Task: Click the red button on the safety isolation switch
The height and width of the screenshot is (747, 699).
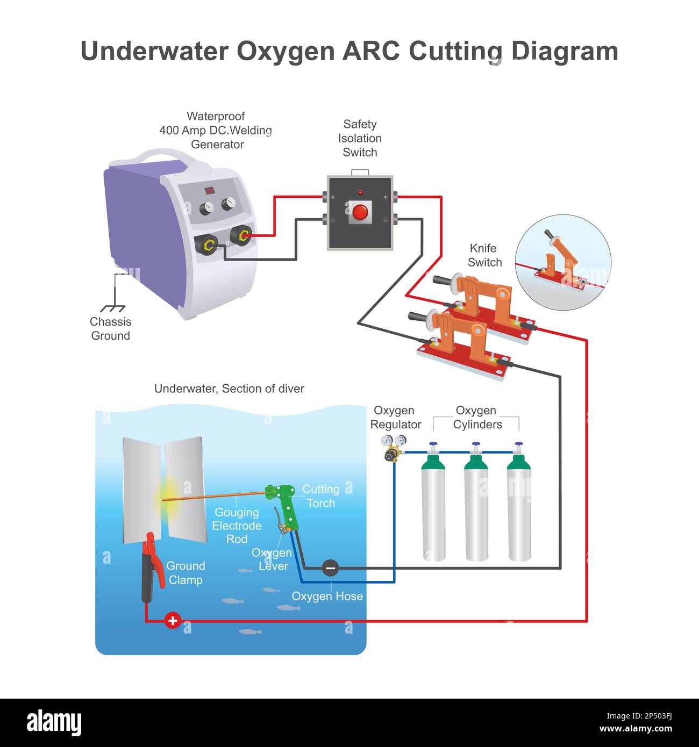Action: (360, 212)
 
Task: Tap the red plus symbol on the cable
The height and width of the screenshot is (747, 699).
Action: (173, 620)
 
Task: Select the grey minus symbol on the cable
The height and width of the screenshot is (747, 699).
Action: (330, 568)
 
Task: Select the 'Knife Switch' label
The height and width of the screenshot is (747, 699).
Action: (484, 255)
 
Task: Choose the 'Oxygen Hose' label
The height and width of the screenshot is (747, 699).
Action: (327, 596)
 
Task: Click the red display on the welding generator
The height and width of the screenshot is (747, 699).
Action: (209, 191)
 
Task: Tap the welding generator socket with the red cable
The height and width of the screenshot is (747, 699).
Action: (241, 235)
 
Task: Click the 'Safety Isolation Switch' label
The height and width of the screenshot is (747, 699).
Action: (360, 138)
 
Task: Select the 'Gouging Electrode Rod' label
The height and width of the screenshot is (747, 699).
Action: (237, 526)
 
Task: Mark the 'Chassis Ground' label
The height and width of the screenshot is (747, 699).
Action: (110, 329)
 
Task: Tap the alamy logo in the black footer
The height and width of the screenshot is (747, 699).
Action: (54, 723)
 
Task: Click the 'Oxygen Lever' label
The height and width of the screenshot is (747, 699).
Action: (272, 559)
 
